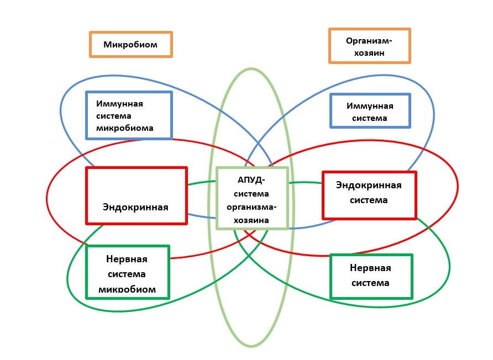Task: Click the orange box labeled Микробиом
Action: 131,44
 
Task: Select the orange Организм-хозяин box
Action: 369,46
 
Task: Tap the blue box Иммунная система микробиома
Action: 129,115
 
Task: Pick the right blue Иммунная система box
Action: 370,111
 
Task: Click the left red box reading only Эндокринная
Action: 137,195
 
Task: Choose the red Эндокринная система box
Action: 369,194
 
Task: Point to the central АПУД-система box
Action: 252,198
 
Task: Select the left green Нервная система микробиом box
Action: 128,272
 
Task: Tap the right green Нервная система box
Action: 370,276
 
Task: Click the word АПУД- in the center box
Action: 251,181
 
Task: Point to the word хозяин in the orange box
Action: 369,54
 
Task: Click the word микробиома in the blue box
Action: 124,128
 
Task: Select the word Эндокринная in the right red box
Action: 369,186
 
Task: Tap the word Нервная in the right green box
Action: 370,268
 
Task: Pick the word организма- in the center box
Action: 252,207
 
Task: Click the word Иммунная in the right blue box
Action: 370,105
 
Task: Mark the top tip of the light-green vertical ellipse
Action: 251,68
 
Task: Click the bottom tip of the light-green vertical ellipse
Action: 251,347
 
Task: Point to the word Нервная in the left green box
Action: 127,258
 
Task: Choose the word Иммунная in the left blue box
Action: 119,103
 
